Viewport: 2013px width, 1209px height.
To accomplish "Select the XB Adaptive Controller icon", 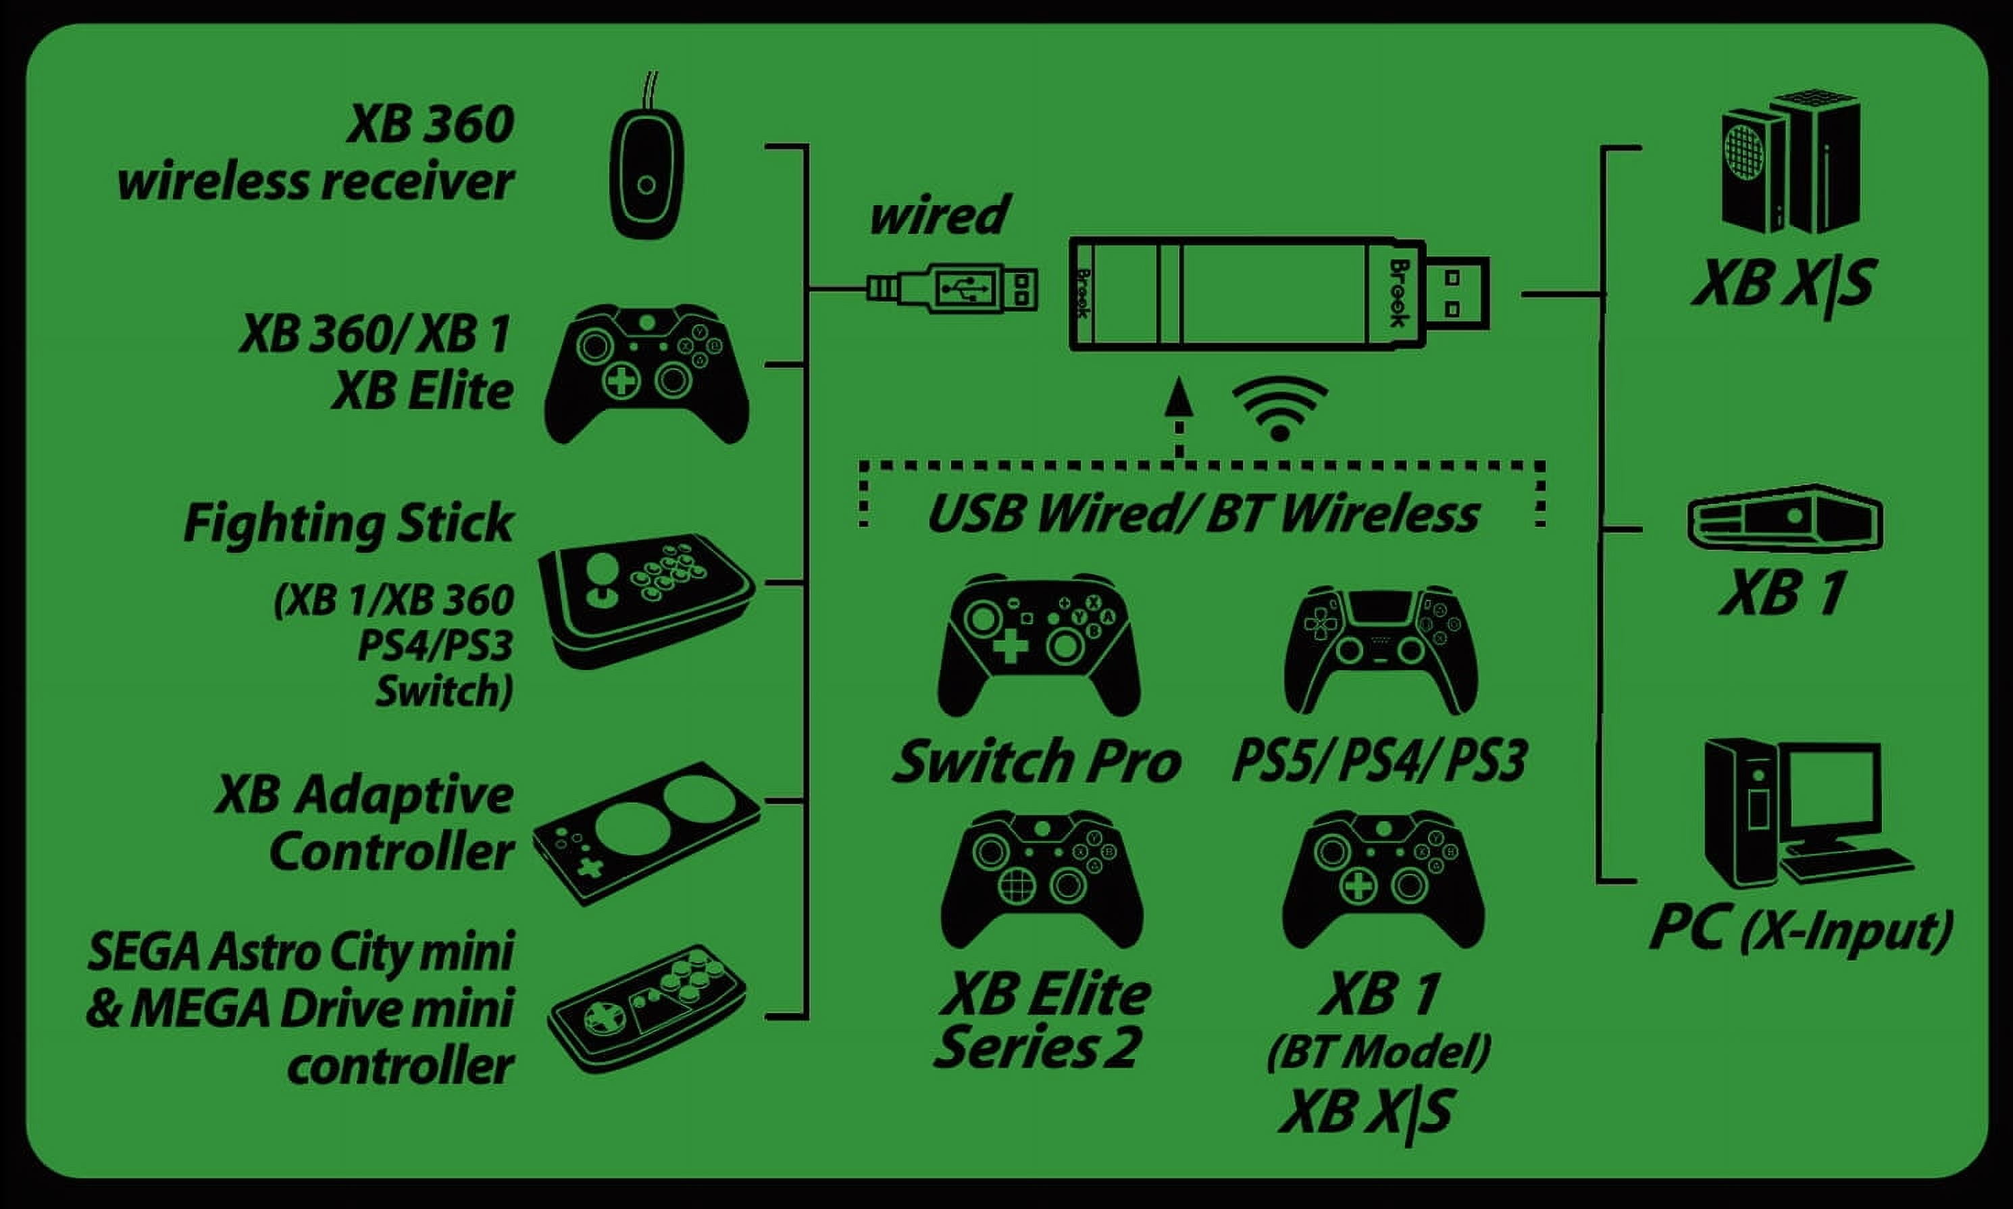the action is tap(646, 833).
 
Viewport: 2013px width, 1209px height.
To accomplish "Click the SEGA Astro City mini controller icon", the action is tap(648, 1008).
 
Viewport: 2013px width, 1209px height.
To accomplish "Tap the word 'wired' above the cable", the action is tap(938, 215).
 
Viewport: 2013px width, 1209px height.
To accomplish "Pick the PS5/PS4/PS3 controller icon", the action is tap(1381, 649).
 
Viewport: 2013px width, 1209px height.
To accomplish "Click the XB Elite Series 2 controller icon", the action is tap(1041, 878).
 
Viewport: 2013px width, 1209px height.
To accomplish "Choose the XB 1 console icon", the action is tap(1785, 518).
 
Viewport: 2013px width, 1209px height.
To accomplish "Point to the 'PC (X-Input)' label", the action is tap(1800, 931).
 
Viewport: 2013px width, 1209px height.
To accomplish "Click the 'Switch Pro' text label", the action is tap(1036, 761).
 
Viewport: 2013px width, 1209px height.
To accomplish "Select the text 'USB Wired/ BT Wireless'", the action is tap(1202, 515).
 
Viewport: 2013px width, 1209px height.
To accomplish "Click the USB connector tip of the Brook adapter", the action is tap(1456, 293).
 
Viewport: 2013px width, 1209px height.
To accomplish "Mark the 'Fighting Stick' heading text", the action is tap(348, 523).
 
